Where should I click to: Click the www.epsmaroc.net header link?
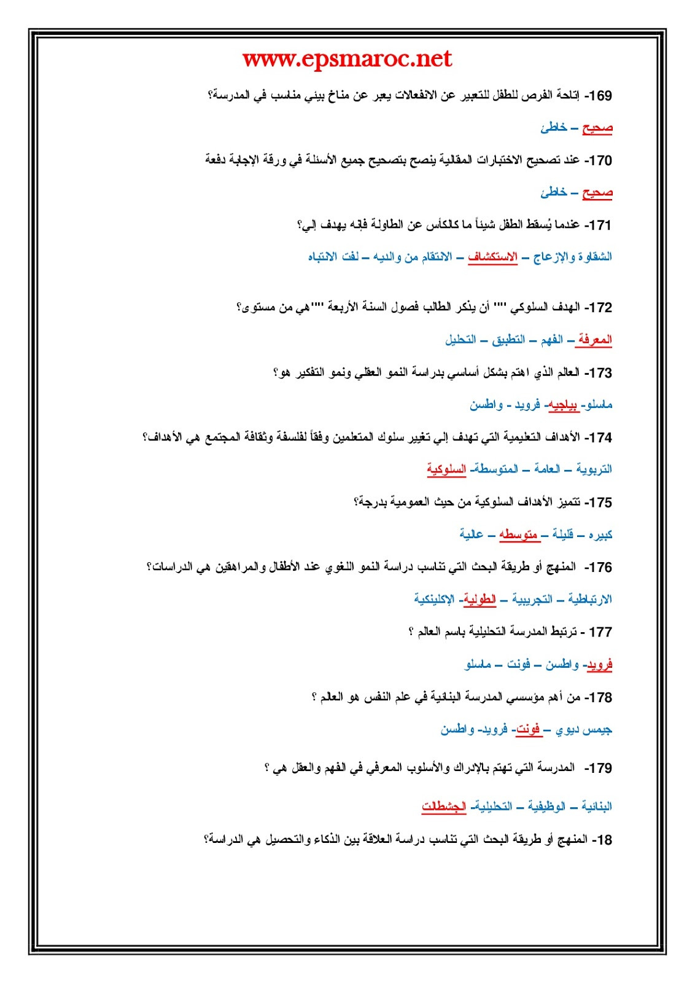[x=347, y=60]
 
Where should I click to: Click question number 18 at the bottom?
[x=602, y=839]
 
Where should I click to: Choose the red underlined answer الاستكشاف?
[x=492, y=257]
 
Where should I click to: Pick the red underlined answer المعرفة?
[x=594, y=340]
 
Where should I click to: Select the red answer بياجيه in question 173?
[x=562, y=405]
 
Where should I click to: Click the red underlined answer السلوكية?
[x=446, y=469]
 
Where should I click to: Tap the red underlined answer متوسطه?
[x=519, y=535]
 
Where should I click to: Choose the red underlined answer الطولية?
[x=480, y=599]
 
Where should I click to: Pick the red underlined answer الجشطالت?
[x=444, y=806]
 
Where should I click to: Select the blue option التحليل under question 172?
[x=460, y=340]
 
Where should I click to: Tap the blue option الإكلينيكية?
[x=434, y=599]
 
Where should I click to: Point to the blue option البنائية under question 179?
[x=596, y=806]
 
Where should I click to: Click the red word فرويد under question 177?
[x=599, y=664]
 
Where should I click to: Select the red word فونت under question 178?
[x=527, y=729]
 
